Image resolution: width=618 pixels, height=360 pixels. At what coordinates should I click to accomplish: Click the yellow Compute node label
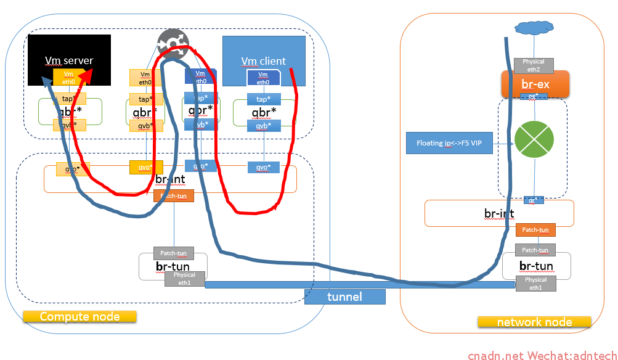[x=79, y=316]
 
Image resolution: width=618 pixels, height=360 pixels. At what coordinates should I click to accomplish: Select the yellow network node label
[x=534, y=322]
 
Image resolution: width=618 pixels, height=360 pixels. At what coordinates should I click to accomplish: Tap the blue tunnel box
[x=345, y=297]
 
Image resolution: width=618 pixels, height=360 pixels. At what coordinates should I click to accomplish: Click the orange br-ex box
[x=534, y=84]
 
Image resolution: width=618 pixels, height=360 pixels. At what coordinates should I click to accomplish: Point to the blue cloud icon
[x=533, y=28]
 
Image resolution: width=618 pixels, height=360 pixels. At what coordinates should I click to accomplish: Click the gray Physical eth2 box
[x=534, y=65]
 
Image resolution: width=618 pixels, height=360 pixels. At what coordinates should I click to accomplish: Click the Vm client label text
[x=263, y=61]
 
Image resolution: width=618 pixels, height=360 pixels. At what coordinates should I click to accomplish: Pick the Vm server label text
[x=68, y=60]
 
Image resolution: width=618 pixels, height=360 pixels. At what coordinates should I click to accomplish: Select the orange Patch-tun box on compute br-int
[x=174, y=196]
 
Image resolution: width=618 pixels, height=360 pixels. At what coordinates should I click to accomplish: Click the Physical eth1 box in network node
[x=535, y=284]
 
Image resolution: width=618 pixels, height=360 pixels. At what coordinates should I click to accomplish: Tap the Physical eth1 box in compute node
[x=184, y=279]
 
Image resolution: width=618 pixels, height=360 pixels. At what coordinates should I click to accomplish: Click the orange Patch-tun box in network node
[x=535, y=230]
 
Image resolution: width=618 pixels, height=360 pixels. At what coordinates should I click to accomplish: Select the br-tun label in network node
[x=535, y=266]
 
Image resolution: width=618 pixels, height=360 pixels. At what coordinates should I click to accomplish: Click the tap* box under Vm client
[x=264, y=99]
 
